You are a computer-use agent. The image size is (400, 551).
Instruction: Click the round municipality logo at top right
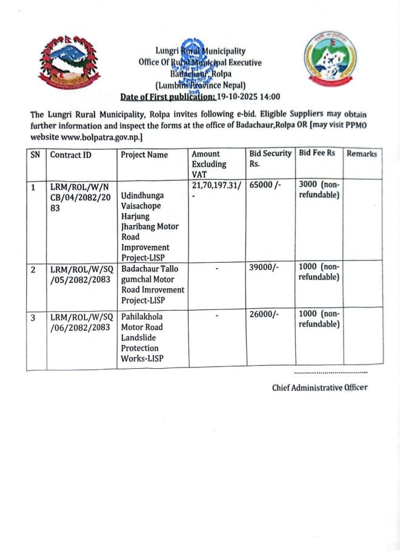(x=326, y=60)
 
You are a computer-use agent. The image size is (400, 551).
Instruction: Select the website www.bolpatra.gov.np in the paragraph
(x=101, y=137)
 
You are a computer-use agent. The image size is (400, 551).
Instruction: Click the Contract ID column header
(x=71, y=155)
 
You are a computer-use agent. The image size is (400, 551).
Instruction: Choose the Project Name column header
(x=144, y=155)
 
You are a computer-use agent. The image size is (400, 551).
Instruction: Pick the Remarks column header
(x=362, y=154)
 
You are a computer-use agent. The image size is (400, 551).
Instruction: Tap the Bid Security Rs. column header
(x=270, y=159)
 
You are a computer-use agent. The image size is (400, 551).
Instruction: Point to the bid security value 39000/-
(x=263, y=268)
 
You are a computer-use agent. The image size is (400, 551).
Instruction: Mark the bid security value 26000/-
(x=263, y=315)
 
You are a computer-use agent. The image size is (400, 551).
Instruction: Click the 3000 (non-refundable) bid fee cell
(x=319, y=189)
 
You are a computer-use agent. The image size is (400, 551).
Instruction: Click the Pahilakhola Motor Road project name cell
(x=144, y=338)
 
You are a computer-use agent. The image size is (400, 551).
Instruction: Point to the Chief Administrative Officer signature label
(x=319, y=388)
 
